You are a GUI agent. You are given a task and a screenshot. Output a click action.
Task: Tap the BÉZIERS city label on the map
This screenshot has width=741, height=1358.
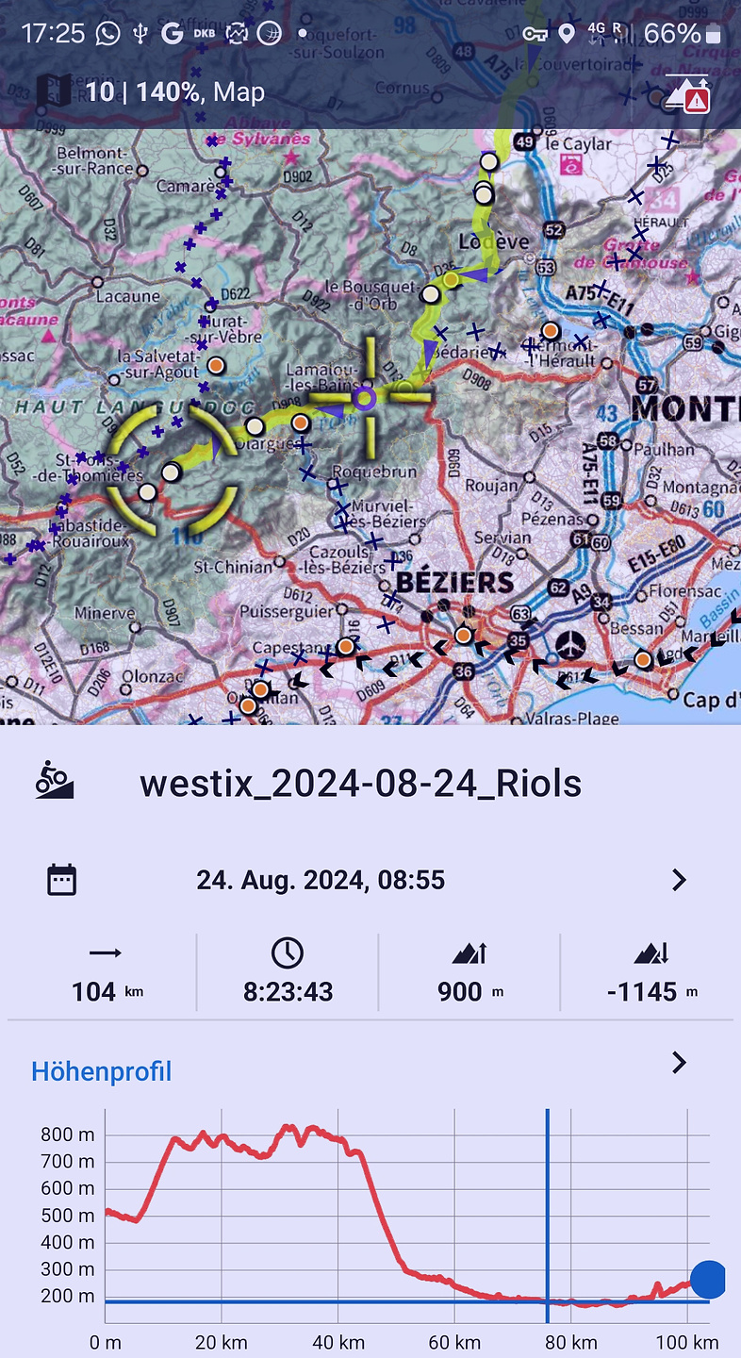454,581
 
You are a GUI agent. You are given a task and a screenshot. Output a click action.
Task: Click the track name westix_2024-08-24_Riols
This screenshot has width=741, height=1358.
360,784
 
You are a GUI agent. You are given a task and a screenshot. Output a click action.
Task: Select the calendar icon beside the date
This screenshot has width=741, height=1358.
62,880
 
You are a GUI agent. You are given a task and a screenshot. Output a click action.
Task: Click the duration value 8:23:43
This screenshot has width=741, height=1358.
288,991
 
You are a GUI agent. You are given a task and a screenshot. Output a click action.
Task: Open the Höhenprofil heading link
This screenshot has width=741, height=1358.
102,1071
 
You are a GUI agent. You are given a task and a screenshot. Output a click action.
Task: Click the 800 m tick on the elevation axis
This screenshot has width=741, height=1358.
67,1134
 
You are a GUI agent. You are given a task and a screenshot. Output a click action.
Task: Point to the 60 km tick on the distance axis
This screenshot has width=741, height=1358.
454,1342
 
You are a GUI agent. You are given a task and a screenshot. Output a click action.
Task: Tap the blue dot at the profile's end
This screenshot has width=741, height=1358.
708,1280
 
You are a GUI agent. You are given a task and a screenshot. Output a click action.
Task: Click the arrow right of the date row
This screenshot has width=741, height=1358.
679,880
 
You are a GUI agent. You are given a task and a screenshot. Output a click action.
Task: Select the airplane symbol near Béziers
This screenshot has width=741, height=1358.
569,647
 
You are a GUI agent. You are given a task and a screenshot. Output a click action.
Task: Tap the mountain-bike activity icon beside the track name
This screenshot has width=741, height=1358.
55,781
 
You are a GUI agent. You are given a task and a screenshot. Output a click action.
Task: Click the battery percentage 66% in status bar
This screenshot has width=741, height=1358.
672,35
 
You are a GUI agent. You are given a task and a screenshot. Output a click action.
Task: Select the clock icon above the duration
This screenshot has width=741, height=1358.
288,953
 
